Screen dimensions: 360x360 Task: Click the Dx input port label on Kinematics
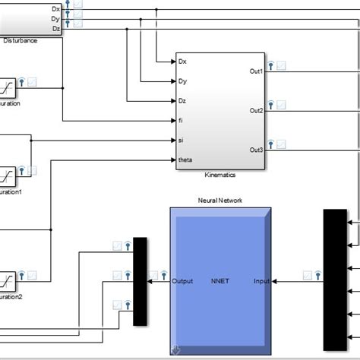click(182, 61)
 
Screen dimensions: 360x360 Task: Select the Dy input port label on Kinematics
click(182, 81)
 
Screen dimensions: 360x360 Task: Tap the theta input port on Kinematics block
click(185, 159)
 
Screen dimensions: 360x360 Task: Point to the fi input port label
click(180, 120)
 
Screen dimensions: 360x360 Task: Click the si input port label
click(180, 140)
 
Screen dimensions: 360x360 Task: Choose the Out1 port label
click(256, 71)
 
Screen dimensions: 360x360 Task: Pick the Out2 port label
click(256, 111)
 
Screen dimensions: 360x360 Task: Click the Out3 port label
click(256, 150)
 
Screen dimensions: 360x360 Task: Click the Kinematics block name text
click(220, 175)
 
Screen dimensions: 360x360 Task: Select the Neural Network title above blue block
click(220, 201)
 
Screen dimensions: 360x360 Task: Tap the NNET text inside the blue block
click(220, 281)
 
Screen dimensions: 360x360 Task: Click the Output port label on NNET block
click(183, 281)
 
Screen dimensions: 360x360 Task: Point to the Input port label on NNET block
click(261, 281)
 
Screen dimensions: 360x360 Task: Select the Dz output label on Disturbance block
click(55, 28)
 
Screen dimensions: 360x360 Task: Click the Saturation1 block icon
click(8, 176)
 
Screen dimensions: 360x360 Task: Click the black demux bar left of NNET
click(140, 281)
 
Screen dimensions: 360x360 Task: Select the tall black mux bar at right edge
click(334, 279)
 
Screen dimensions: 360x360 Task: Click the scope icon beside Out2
click(282, 105)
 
